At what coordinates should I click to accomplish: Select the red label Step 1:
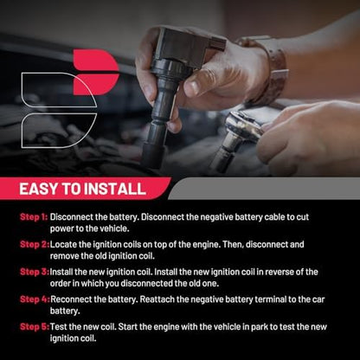(34, 217)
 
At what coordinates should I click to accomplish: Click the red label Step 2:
(35, 244)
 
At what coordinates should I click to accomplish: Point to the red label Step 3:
(35, 272)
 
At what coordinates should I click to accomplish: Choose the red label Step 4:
(35, 299)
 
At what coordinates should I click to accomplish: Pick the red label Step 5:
(35, 327)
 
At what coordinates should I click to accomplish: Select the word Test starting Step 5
(59, 327)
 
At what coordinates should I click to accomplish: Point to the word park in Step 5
(260, 327)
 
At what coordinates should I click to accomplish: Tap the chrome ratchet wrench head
(245, 126)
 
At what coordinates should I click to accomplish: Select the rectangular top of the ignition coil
(188, 43)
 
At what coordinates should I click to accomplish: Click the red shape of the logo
(96, 72)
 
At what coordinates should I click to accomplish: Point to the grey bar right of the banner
(264, 189)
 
